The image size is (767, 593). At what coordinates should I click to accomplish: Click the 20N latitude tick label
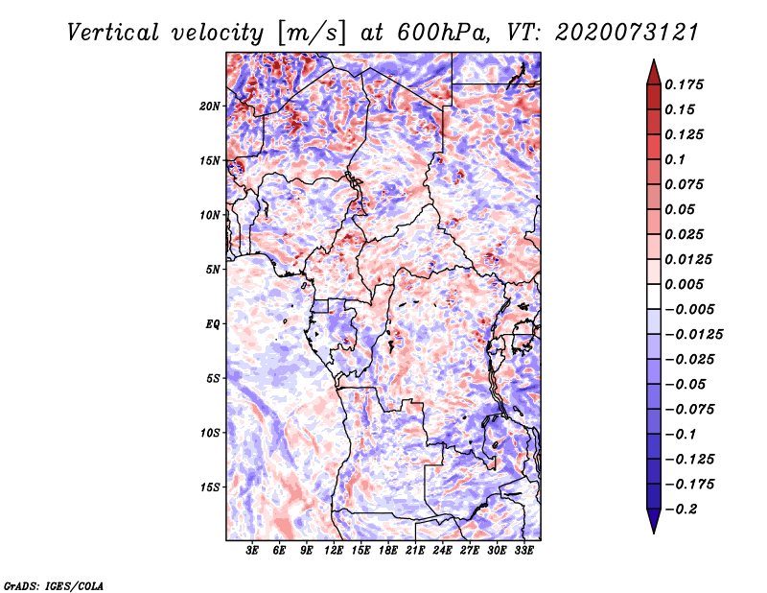coord(210,106)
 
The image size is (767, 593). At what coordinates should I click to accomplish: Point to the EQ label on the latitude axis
coord(213,323)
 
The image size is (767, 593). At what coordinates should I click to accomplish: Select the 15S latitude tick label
coord(210,486)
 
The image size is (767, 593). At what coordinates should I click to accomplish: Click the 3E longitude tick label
coord(252,552)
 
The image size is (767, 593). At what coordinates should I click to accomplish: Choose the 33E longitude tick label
coord(523,552)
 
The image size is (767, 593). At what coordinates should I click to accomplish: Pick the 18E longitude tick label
coord(387,552)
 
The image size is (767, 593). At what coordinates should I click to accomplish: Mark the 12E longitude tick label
coord(334,552)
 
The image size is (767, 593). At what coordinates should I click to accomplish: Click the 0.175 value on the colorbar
coord(685,84)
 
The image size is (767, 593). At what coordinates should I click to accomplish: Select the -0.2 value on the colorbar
coord(681,509)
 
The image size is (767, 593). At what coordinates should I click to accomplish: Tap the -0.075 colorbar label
coord(691,409)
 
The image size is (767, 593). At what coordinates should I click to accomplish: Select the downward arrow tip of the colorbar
coord(652,530)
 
